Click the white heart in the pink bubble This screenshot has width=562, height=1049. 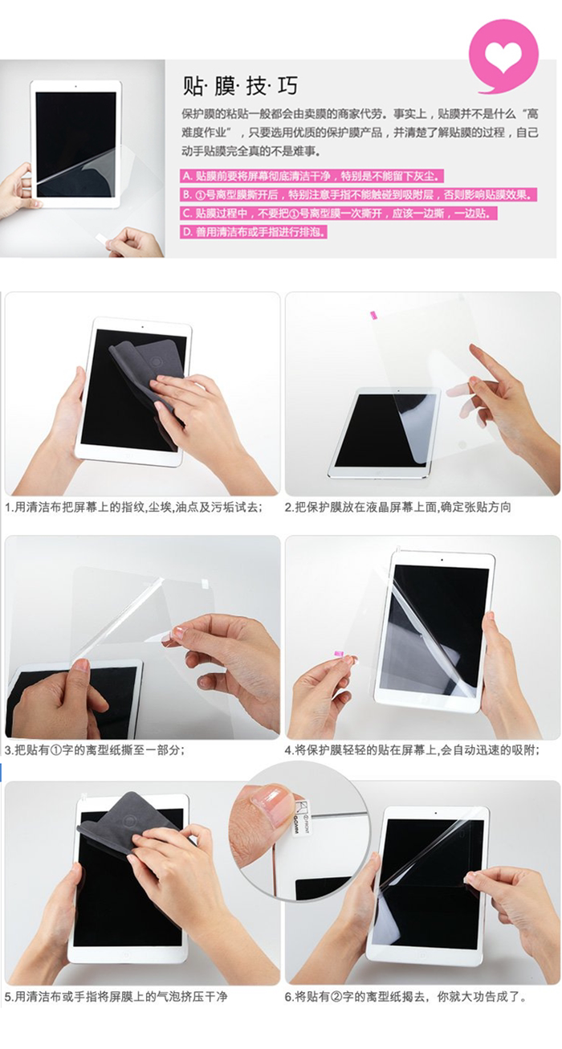coord(503,57)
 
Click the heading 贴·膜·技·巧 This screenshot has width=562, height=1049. coord(240,86)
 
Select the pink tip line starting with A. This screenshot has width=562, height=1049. coord(312,176)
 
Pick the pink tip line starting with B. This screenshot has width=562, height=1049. coord(359,194)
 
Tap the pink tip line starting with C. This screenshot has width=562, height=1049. coord(339,213)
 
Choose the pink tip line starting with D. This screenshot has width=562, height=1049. coord(254,232)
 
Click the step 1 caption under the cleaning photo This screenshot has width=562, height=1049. coord(134,507)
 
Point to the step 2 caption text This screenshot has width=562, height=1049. coord(398,507)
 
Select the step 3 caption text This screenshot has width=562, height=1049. coord(95,750)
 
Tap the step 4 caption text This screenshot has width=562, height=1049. coord(412,750)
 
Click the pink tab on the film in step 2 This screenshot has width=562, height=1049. coord(374,314)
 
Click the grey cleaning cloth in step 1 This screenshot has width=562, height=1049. coord(145,370)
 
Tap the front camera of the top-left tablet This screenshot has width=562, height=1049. coord(75,86)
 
